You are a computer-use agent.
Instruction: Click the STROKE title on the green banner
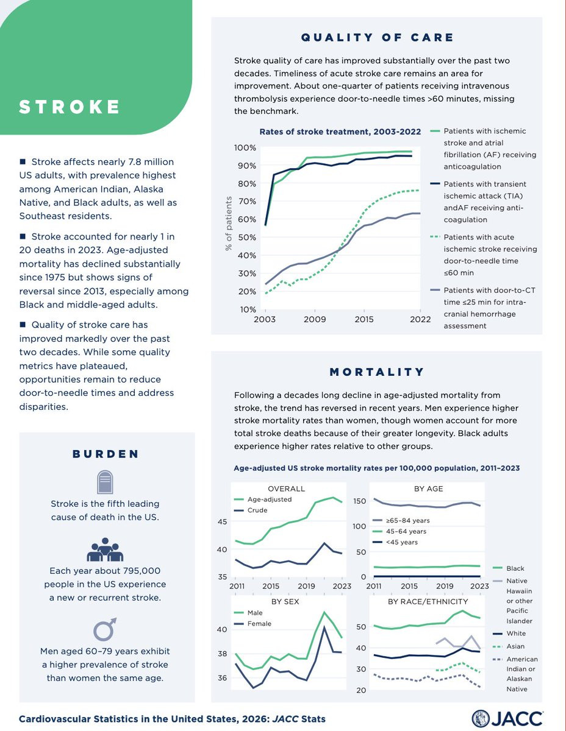point(69,107)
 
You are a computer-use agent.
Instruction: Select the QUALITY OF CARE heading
point(378,38)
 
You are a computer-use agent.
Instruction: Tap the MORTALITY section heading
point(376,372)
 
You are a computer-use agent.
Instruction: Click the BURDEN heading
point(106,454)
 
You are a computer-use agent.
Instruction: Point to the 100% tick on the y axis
point(245,148)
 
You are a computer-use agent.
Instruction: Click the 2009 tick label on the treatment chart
point(315,319)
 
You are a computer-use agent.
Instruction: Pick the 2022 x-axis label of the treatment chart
point(420,319)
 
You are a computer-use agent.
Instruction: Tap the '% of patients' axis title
point(229,224)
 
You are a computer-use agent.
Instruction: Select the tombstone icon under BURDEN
point(106,482)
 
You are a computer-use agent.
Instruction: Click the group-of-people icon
point(106,549)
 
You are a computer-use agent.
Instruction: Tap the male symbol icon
point(106,628)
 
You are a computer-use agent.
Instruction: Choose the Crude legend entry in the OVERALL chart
point(257,510)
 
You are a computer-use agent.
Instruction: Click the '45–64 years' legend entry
point(406,531)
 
